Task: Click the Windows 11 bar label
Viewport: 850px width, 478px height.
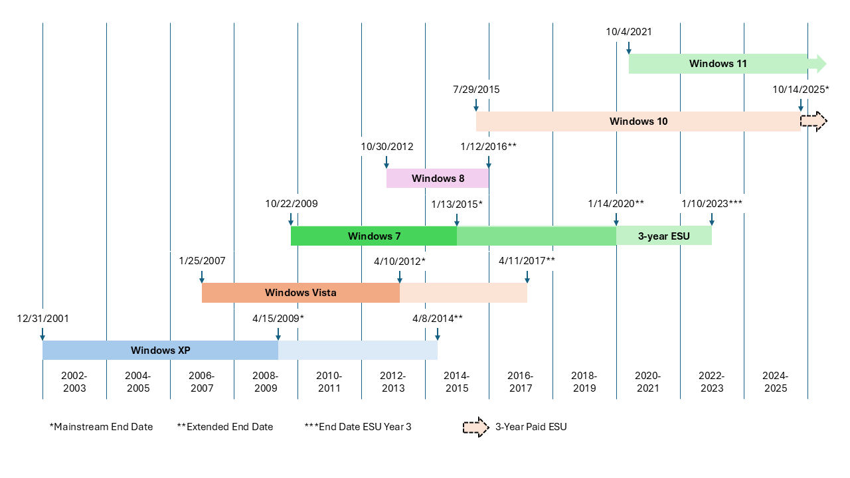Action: [718, 64]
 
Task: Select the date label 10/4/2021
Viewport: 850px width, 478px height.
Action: [629, 31]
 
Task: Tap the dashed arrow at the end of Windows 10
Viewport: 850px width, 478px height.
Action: [813, 121]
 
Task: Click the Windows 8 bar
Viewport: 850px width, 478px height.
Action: [438, 178]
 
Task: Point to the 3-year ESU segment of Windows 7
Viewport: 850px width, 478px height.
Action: [664, 236]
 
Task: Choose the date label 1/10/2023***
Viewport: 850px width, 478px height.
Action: [712, 204]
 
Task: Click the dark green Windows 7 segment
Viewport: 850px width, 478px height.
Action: [374, 236]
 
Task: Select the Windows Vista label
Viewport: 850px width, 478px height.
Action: [300, 293]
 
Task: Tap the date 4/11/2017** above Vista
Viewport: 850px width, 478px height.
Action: [527, 261]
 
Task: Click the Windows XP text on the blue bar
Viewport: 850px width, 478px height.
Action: [161, 351]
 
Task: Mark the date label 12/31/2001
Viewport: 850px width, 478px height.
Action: [43, 319]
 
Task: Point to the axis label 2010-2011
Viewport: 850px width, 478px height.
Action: [329, 382]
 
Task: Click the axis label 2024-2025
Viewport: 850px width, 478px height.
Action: [776, 382]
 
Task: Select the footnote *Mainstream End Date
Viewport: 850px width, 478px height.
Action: [101, 427]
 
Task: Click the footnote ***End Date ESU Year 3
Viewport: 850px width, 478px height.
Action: [357, 427]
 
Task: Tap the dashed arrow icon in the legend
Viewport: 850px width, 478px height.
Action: [475, 427]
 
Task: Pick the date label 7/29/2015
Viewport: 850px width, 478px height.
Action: [476, 90]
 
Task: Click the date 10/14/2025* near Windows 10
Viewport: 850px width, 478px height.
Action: [801, 90]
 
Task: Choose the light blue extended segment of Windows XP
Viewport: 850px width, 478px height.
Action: [357, 351]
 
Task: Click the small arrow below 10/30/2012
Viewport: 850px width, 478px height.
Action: [386, 163]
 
